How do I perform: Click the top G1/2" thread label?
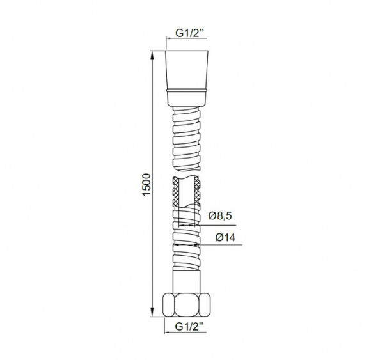[190, 33]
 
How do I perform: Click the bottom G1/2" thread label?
[189, 327]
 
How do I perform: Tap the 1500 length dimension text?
[146, 185]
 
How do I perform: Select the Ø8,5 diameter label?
[220, 215]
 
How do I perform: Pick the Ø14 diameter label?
[226, 238]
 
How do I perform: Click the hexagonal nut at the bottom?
[186, 304]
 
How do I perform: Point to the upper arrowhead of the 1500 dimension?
[152, 55]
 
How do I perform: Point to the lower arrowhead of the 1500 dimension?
[152, 312]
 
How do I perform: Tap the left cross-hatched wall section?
[175, 192]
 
